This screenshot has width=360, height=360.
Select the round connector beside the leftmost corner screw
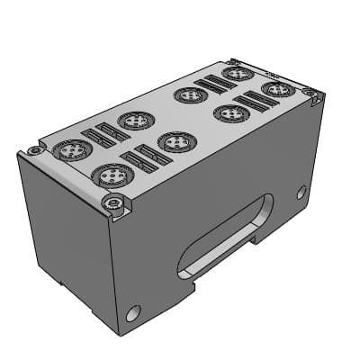pos(67,150)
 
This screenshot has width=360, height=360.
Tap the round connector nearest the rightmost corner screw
pos(276,89)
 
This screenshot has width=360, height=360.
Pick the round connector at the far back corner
pos(237,73)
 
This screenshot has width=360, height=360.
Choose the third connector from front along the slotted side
pos(231,113)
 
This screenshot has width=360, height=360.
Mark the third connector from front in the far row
pos(191,94)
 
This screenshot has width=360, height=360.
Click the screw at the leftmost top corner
pos(33,149)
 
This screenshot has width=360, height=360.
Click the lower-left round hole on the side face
pos(134,313)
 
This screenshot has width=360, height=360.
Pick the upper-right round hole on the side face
pos(301,192)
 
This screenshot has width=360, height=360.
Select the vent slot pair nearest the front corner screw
pos(145,159)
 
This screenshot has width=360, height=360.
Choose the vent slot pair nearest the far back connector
pos(214,85)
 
